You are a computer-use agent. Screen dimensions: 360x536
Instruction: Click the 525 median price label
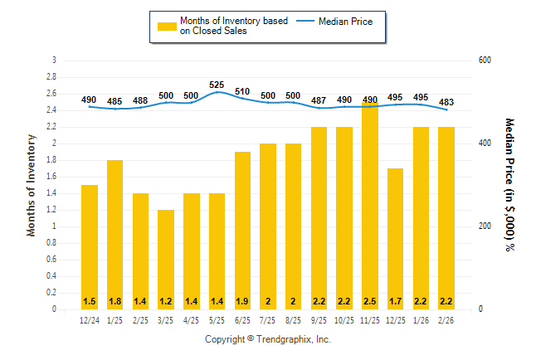pyautogui.click(x=217, y=85)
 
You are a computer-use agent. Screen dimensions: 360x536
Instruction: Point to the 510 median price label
pyautogui.click(x=242, y=92)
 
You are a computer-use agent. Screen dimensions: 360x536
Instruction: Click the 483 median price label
pyautogui.click(x=446, y=100)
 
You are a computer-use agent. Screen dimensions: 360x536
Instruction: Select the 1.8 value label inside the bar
pyautogui.click(x=115, y=300)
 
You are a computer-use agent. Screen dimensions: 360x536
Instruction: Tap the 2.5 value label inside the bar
pyautogui.click(x=370, y=300)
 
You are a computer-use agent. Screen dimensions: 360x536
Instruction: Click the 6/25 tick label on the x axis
pyautogui.click(x=242, y=320)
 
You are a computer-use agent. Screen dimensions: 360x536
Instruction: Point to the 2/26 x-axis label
pyautogui.click(x=446, y=320)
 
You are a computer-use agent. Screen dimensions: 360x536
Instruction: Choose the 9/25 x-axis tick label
pyautogui.click(x=319, y=320)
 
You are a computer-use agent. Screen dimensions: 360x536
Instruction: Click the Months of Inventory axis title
pyautogui.click(x=32, y=184)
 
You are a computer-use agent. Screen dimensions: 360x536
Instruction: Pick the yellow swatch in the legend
pyautogui.click(x=167, y=26)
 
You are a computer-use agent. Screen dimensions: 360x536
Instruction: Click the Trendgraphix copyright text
pyautogui.click(x=268, y=339)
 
